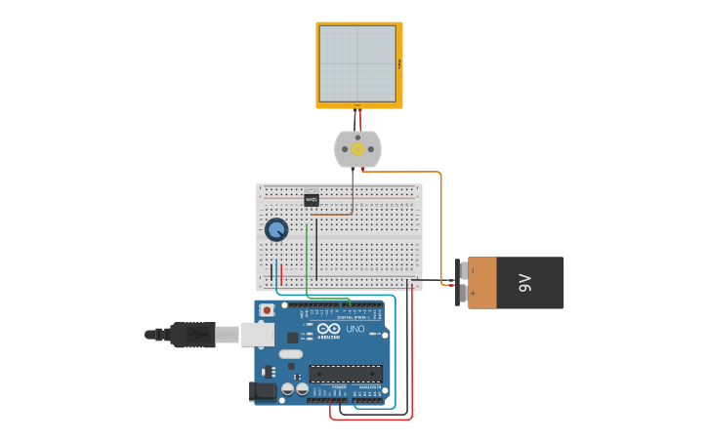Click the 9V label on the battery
coord(524,283)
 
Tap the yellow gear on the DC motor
coord(357,149)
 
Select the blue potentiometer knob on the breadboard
coord(276,229)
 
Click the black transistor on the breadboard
coord(312,199)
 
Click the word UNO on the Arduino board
coord(354,329)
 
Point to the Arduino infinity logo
coord(328,327)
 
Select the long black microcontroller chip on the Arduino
coord(345,373)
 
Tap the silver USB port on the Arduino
coord(257,335)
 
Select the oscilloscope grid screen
coord(358,63)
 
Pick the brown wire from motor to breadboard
coord(353,195)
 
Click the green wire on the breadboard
coord(307,259)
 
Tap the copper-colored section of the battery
coord(482,283)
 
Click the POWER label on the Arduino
coord(339,387)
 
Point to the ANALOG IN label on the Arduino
coord(370,387)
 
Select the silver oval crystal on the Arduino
coord(291,354)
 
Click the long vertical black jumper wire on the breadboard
coord(316,249)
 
